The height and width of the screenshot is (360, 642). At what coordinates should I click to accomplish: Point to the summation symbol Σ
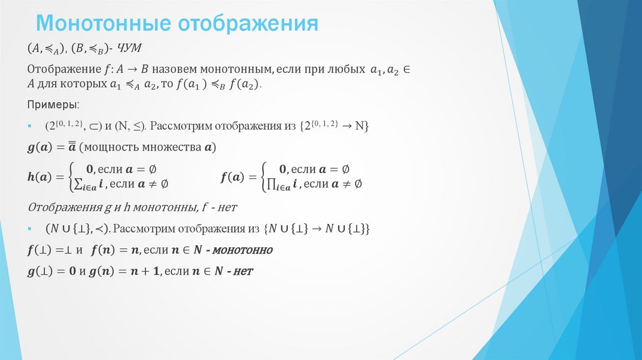click(78, 184)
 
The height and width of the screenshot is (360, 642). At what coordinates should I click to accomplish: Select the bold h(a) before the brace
click(43, 177)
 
